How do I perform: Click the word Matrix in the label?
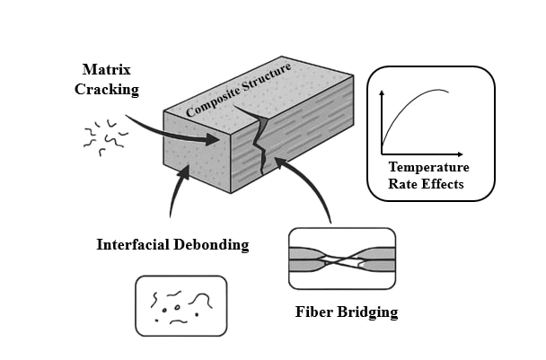tap(107, 68)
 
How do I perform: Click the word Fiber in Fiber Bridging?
tap(314, 313)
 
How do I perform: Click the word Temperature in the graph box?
tap(429, 167)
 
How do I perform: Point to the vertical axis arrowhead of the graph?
tap(383, 92)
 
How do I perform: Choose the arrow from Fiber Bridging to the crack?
tap(310, 184)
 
